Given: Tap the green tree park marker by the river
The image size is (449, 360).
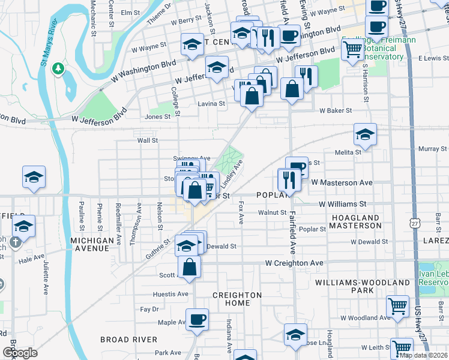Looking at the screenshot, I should (x=58, y=69).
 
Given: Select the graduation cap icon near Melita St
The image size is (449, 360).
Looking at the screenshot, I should (x=365, y=135).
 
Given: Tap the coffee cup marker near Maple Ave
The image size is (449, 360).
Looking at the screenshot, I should (x=197, y=320).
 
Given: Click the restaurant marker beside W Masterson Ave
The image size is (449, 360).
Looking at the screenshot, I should (x=289, y=179).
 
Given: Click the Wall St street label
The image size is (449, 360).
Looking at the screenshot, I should (x=147, y=140).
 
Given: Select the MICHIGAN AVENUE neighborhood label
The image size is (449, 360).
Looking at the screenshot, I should (x=92, y=241).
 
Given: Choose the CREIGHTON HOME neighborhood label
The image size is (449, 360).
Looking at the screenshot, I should (x=238, y=299).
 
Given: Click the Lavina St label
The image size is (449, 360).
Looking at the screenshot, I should (x=212, y=103).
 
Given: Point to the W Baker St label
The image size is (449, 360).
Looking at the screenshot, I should (x=336, y=111).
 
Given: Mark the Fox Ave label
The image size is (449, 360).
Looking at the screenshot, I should (x=241, y=213).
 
